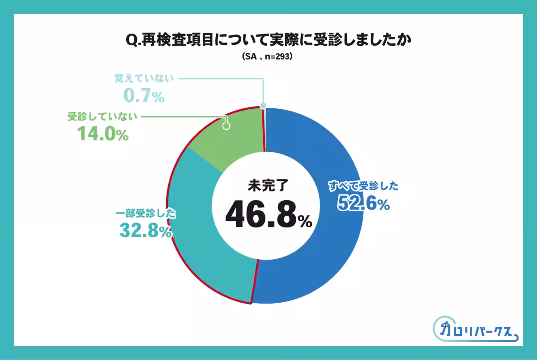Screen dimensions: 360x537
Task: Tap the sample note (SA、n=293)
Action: (268, 57)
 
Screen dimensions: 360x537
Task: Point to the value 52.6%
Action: (363, 203)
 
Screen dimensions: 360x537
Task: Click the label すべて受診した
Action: (363, 186)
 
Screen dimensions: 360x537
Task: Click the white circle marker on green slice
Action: (226, 126)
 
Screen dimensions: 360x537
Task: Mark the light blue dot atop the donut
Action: (263, 106)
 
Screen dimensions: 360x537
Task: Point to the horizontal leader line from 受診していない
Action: (183, 117)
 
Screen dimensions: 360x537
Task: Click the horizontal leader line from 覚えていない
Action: (219, 79)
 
